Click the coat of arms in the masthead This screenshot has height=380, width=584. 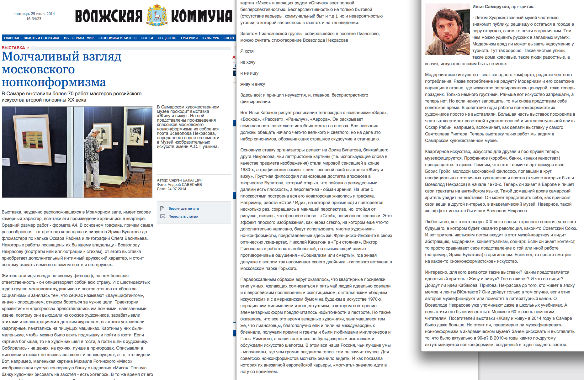[x=157, y=15]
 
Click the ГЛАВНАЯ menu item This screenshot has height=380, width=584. [x=12, y=38]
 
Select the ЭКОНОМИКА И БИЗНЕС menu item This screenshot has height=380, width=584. [x=117, y=38]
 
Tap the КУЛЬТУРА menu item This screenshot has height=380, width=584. [x=210, y=38]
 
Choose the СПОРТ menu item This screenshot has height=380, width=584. [x=229, y=38]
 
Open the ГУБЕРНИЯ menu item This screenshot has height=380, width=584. [x=189, y=38]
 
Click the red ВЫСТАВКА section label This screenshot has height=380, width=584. [x=13, y=48]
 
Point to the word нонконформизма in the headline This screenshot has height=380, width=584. [x=54, y=82]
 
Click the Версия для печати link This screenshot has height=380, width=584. [x=183, y=208]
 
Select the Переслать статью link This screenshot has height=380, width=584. [x=183, y=216]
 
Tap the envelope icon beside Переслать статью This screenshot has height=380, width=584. [x=162, y=216]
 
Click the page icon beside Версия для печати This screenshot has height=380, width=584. [x=162, y=208]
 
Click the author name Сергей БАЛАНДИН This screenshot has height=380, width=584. [x=186, y=180]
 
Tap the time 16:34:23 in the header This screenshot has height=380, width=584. [x=34, y=19]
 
